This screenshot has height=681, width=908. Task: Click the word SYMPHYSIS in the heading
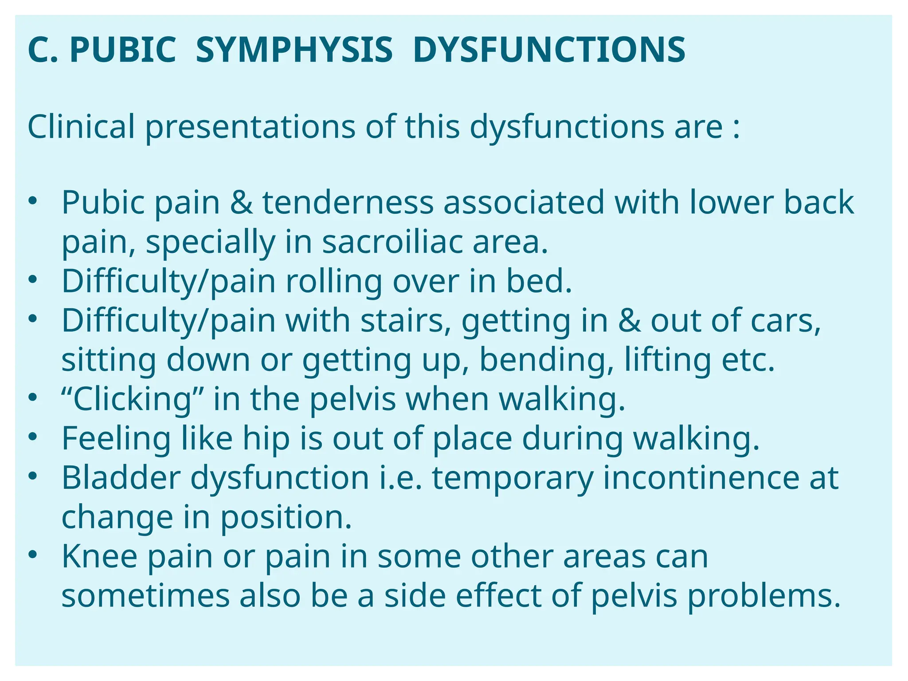click(x=294, y=50)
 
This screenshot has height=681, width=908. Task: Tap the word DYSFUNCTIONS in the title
click(x=549, y=50)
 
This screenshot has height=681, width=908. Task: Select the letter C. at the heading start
click(x=43, y=50)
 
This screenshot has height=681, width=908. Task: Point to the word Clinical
click(x=81, y=127)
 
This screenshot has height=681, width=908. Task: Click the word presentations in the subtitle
click(x=250, y=128)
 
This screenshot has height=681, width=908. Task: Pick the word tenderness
click(x=348, y=203)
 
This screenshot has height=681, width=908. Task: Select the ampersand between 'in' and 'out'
click(x=629, y=321)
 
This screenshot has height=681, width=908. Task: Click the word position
click(x=286, y=517)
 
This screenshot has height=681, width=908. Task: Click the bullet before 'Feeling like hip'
click(x=32, y=437)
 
